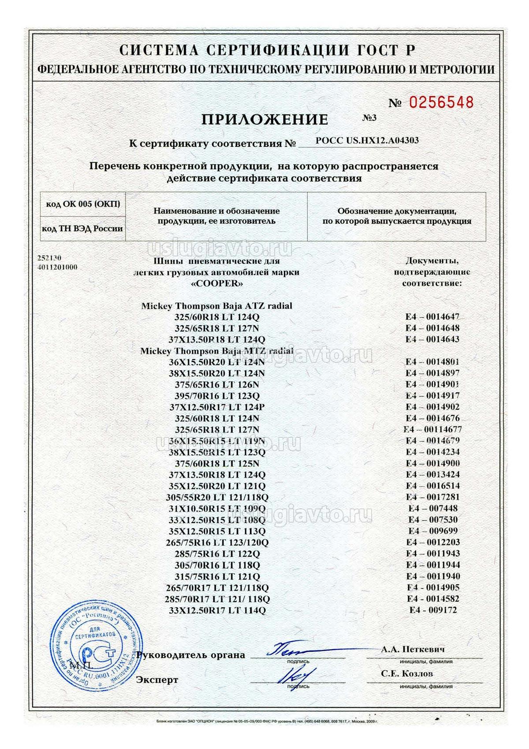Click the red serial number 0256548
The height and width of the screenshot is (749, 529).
click(441, 102)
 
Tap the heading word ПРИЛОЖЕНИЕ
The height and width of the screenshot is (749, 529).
click(264, 119)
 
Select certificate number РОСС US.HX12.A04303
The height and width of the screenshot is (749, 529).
click(367, 140)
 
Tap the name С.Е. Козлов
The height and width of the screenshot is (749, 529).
click(407, 674)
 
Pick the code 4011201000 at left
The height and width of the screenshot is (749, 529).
click(58, 267)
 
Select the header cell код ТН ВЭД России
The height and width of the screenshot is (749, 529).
click(83, 229)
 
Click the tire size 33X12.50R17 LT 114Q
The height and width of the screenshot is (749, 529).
click(217, 610)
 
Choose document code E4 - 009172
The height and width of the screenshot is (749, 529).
click(433, 610)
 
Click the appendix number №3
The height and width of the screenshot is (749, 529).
click(369, 117)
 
